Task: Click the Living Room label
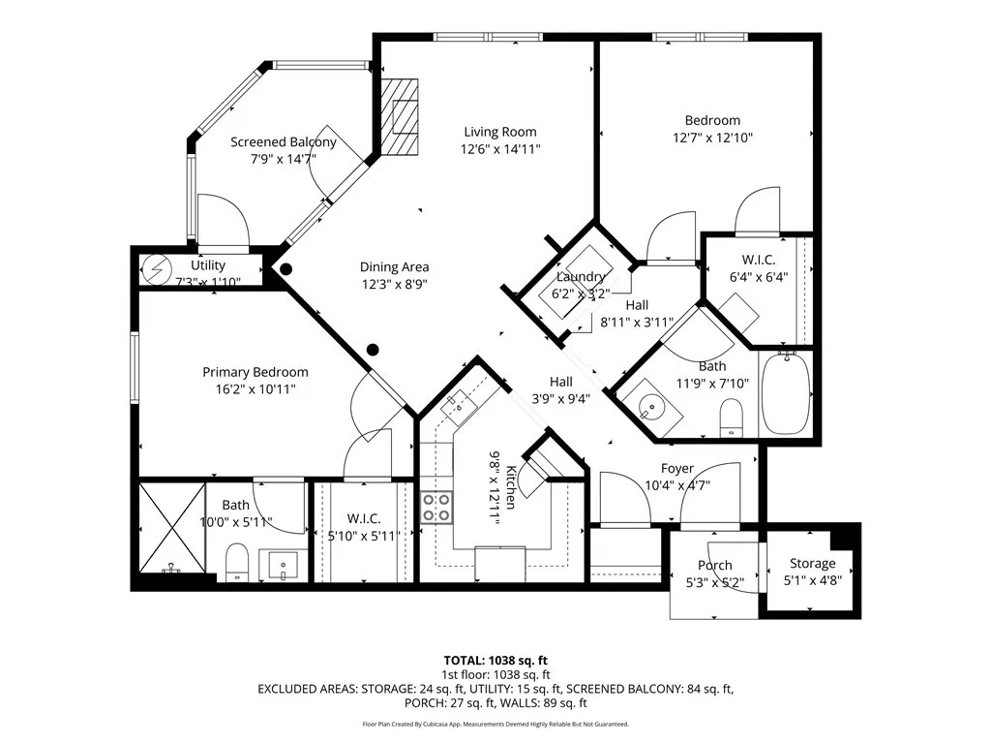(x=500, y=132)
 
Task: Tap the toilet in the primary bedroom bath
(x=237, y=562)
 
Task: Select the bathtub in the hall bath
(x=786, y=394)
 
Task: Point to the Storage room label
(x=812, y=563)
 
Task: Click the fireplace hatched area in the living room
(x=400, y=116)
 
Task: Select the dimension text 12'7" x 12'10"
(x=712, y=138)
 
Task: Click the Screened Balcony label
(x=284, y=142)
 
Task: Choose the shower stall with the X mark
(x=172, y=528)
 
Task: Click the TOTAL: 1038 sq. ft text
(x=495, y=661)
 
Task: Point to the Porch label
(x=715, y=565)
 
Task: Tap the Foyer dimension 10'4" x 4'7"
(x=677, y=485)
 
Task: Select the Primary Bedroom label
(x=255, y=372)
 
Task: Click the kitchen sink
(x=458, y=407)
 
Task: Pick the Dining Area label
(x=395, y=267)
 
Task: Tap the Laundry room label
(x=581, y=276)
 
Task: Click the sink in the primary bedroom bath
(x=284, y=565)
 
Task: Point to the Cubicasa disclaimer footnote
(x=495, y=724)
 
